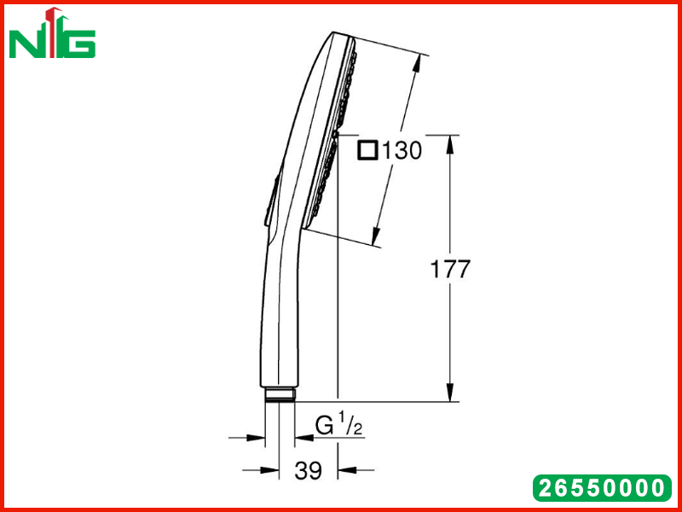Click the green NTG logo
point(52,33)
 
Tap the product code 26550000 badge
point(603,488)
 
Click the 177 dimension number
point(450,269)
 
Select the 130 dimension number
point(402,151)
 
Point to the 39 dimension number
point(308,470)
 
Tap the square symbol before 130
point(367,151)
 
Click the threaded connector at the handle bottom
point(280,394)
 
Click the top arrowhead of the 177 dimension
point(450,143)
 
